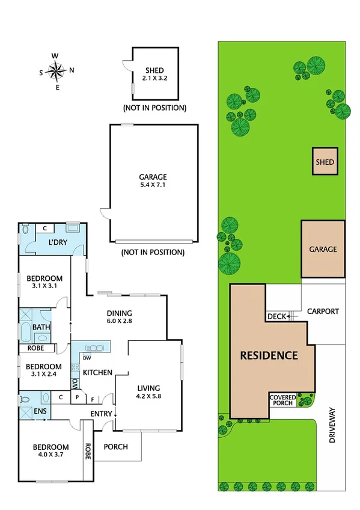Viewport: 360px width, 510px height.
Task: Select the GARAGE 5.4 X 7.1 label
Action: point(152,181)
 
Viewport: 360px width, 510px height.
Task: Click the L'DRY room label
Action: point(58,243)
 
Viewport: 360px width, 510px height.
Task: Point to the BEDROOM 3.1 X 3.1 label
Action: point(44,282)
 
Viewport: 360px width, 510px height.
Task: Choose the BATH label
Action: point(41,327)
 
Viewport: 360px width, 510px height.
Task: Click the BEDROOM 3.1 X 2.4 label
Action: point(44,370)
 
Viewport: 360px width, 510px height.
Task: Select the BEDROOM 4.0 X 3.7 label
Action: point(51,452)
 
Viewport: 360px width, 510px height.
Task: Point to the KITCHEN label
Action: point(97,373)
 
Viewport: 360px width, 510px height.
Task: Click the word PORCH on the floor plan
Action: point(116,447)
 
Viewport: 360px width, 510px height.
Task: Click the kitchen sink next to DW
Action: point(96,348)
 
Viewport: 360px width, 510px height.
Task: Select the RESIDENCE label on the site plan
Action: point(269,355)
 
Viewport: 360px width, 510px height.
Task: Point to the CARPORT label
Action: point(323,312)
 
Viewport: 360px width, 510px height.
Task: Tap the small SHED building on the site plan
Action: point(325,162)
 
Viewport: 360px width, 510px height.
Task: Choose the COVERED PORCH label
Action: point(282,400)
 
